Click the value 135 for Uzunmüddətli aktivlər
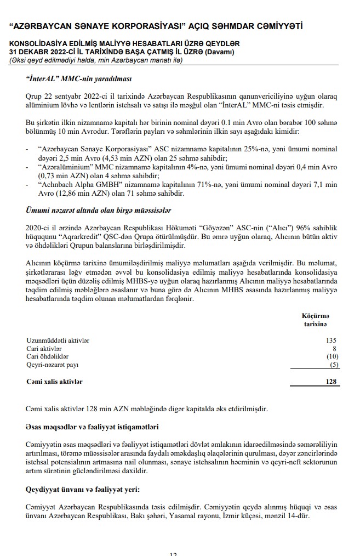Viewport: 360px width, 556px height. (x=331, y=341)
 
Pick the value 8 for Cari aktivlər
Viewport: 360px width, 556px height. (x=334, y=349)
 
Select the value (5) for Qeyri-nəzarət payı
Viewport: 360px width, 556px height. (x=332, y=365)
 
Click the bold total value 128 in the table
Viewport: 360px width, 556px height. (x=331, y=381)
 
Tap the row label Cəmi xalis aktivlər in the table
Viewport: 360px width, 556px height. (x=54, y=381)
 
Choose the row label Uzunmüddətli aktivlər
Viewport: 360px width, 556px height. (x=58, y=341)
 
